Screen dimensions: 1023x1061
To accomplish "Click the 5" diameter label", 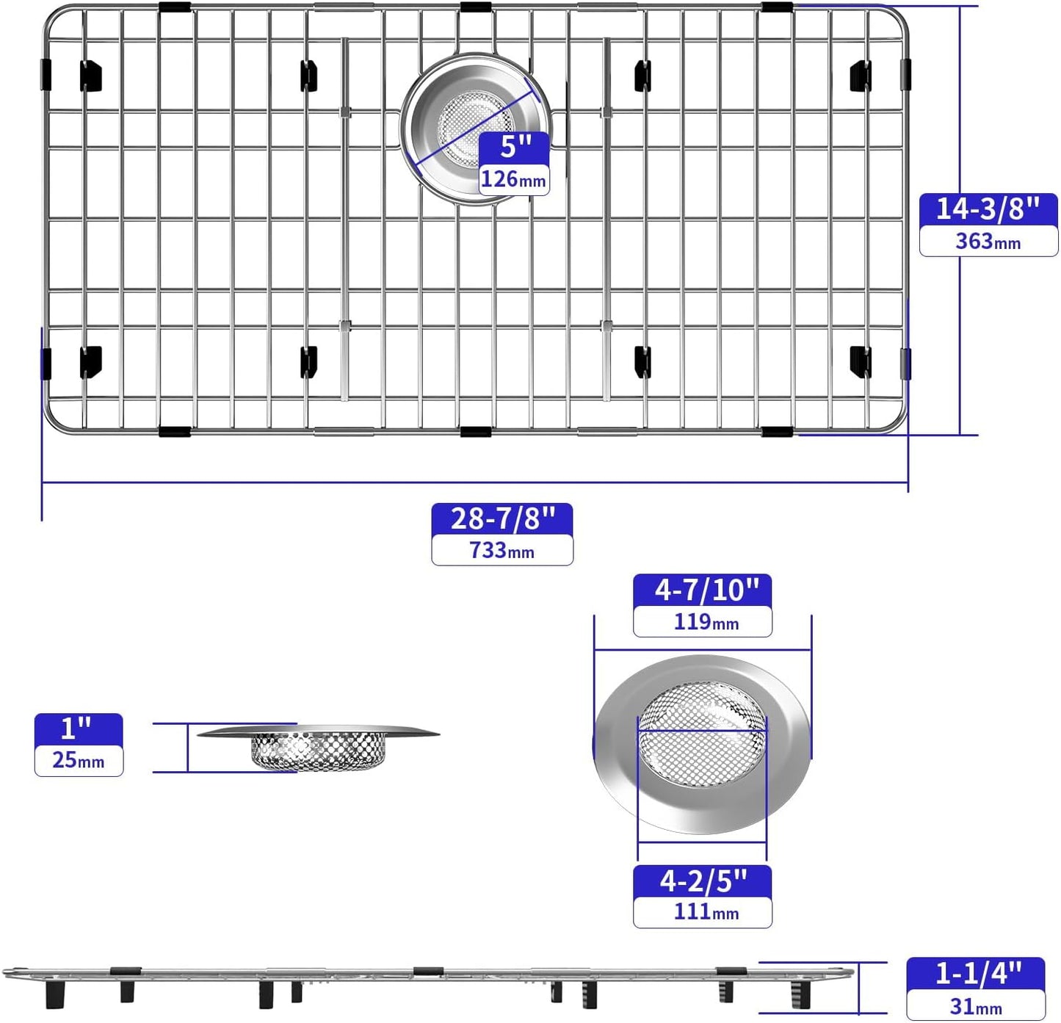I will pyautogui.click(x=515, y=147).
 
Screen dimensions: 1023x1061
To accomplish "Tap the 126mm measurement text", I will pyautogui.click(x=513, y=179).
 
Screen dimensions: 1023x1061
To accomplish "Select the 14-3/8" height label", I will pyautogui.click(x=988, y=209).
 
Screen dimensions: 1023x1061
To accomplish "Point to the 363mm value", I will pyautogui.click(x=988, y=241).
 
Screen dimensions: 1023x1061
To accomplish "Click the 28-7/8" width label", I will pyautogui.click(x=502, y=518).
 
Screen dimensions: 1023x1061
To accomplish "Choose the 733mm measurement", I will pyautogui.click(x=502, y=550).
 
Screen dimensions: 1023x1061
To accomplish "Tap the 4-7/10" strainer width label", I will pyautogui.click(x=702, y=590).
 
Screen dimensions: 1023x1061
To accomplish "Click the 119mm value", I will pyautogui.click(x=705, y=622).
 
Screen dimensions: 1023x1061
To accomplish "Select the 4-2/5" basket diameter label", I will pyautogui.click(x=702, y=881).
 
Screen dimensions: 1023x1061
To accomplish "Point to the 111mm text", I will pyautogui.click(x=705, y=912).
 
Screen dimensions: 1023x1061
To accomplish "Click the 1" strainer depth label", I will pyautogui.click(x=77, y=729).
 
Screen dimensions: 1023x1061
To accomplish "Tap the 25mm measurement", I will pyautogui.click(x=79, y=760).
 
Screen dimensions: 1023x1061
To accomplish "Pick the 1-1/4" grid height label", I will pyautogui.click(x=977, y=974).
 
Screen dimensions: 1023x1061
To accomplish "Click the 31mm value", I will pyautogui.click(x=976, y=1005).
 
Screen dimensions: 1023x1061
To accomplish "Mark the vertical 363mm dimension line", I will pyautogui.click(x=960, y=330).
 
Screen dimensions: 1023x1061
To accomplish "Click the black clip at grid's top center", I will pyautogui.click(x=475, y=8).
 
